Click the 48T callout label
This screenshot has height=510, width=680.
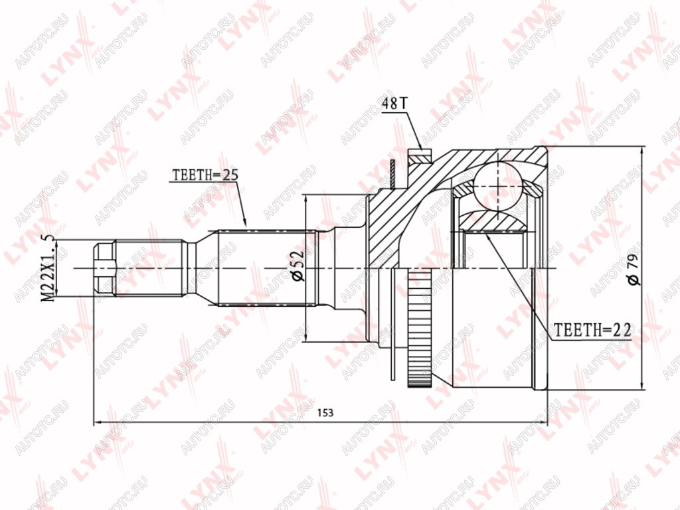tap(394, 103)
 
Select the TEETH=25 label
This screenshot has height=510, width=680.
tap(206, 175)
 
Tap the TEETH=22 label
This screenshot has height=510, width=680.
tap(593, 330)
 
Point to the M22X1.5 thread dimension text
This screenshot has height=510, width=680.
tap(48, 268)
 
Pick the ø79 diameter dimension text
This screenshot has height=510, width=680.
tap(633, 270)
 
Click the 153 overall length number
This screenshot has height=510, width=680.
tap(325, 412)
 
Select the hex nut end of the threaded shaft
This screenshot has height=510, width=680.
tap(105, 269)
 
